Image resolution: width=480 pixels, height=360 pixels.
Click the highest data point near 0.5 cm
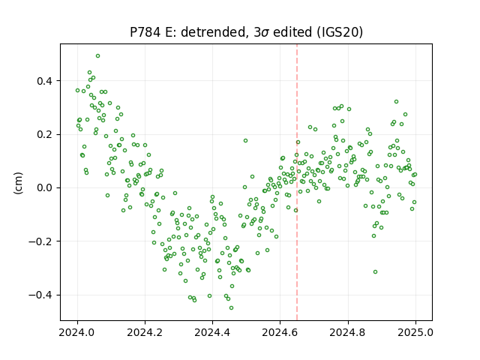[98, 56]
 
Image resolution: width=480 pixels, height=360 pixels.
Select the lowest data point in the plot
[232, 308]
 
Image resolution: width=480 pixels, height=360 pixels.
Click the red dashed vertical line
[297, 182]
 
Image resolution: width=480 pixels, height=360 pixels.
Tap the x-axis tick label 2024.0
[77, 332]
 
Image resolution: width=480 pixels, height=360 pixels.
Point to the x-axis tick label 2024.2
[145, 332]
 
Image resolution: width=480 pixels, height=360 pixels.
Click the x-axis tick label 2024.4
[212, 332]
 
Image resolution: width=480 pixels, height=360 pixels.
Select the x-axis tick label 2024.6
[280, 332]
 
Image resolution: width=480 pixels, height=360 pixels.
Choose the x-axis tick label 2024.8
[348, 332]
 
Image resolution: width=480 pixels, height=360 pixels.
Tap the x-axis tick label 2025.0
[415, 332]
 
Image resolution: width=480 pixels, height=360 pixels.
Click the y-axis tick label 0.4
[44, 81]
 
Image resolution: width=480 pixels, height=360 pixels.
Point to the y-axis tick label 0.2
[44, 135]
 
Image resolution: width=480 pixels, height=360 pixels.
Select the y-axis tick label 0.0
[44, 188]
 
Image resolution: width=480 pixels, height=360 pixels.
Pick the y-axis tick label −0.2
[40, 241]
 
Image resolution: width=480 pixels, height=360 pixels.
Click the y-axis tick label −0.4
[40, 295]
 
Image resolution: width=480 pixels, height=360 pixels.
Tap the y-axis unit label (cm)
[18, 182]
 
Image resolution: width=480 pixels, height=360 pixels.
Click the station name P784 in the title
[145, 32]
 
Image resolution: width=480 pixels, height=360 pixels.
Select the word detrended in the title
[214, 32]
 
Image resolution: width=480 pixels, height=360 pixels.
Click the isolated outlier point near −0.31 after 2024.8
[375, 271]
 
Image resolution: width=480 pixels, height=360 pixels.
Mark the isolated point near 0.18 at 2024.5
[245, 141]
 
